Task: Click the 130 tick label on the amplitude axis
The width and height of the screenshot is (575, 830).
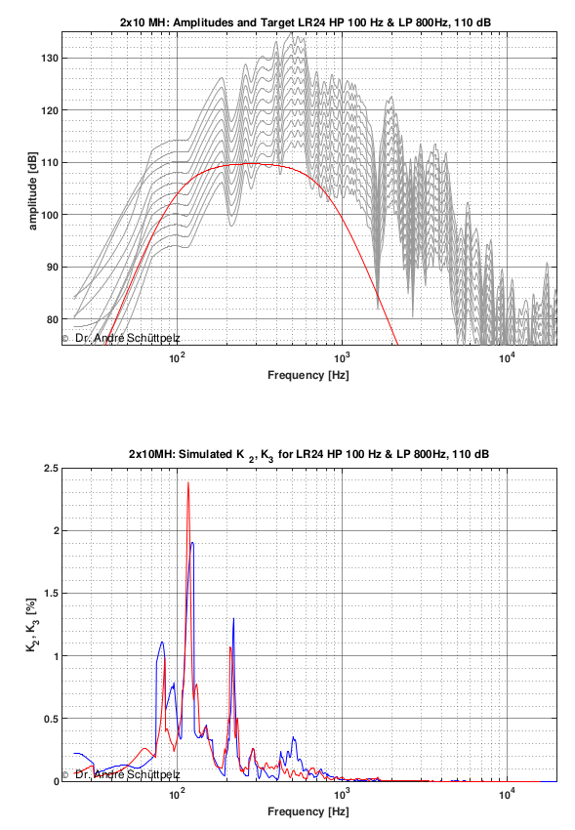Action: coord(49,59)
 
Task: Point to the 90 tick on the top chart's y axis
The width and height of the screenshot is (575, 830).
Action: coord(52,268)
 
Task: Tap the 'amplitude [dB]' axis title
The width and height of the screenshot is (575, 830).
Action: coord(33,191)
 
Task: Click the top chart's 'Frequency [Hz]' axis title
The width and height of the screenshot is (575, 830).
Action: coord(308,375)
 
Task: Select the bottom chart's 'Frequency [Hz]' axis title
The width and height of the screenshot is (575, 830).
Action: coord(308,811)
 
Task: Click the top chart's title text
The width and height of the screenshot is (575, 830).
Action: coord(306,22)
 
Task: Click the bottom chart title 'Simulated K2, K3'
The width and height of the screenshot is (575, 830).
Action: coord(308,455)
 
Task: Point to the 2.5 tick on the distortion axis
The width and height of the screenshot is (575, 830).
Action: coord(51,469)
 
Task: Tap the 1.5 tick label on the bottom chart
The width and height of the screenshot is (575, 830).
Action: coord(51,594)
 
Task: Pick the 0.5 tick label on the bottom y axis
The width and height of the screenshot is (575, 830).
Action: coord(51,719)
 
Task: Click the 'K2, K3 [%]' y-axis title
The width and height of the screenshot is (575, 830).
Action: coord(32,625)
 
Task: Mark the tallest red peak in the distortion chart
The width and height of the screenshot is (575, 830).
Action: coord(188,482)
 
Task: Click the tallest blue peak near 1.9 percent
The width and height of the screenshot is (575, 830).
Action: coord(192,543)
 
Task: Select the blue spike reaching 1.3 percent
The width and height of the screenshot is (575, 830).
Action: coord(233,618)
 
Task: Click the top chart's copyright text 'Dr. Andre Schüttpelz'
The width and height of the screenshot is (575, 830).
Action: coord(127,338)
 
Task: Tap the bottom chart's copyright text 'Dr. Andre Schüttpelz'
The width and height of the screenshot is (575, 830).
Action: coord(127,774)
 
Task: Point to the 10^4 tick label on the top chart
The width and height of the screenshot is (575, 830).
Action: coord(507,357)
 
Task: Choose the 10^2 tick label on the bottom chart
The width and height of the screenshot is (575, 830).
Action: coord(177,794)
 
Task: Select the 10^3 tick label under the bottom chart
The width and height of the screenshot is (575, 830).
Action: coord(342,794)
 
